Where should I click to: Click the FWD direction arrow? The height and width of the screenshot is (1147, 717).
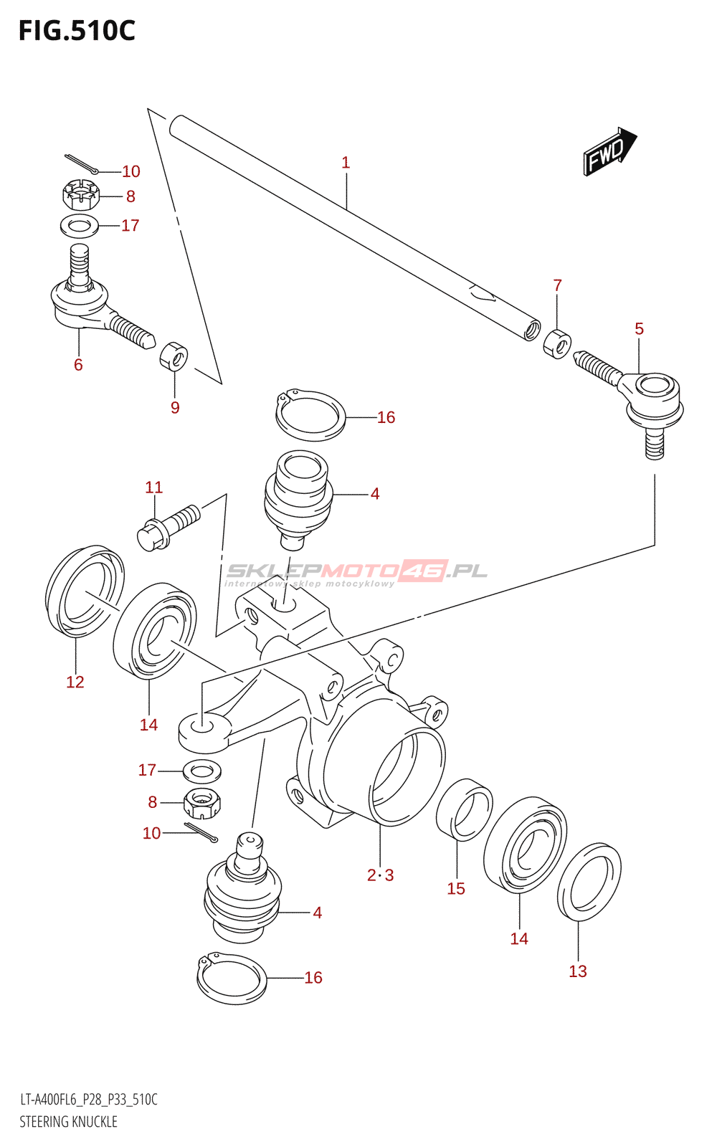click(610, 151)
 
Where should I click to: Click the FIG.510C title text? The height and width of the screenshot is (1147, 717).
click(77, 31)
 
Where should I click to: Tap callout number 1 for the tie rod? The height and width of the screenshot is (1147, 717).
click(346, 163)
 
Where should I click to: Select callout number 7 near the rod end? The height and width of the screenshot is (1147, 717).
click(558, 285)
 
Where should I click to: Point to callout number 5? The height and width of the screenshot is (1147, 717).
click(639, 329)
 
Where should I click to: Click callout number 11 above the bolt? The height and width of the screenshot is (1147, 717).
click(153, 487)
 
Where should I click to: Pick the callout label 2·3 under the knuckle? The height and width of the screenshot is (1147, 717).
click(381, 875)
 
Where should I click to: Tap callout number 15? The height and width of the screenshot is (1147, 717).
click(456, 888)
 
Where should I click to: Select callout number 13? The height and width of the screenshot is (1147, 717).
click(578, 971)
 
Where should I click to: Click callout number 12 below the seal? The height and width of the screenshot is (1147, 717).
click(75, 682)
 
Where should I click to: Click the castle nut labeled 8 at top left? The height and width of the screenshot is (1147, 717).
click(80, 194)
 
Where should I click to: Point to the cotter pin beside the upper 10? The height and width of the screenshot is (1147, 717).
click(82, 163)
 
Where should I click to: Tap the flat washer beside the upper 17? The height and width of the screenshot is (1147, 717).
click(80, 227)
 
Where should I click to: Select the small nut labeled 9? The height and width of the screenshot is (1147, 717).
click(174, 356)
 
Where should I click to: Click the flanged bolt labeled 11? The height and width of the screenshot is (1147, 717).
click(168, 528)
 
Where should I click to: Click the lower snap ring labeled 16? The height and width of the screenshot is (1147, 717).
click(232, 978)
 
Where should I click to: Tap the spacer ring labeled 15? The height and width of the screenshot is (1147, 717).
click(464, 809)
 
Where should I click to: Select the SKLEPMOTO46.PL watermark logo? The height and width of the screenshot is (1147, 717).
click(356, 573)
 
